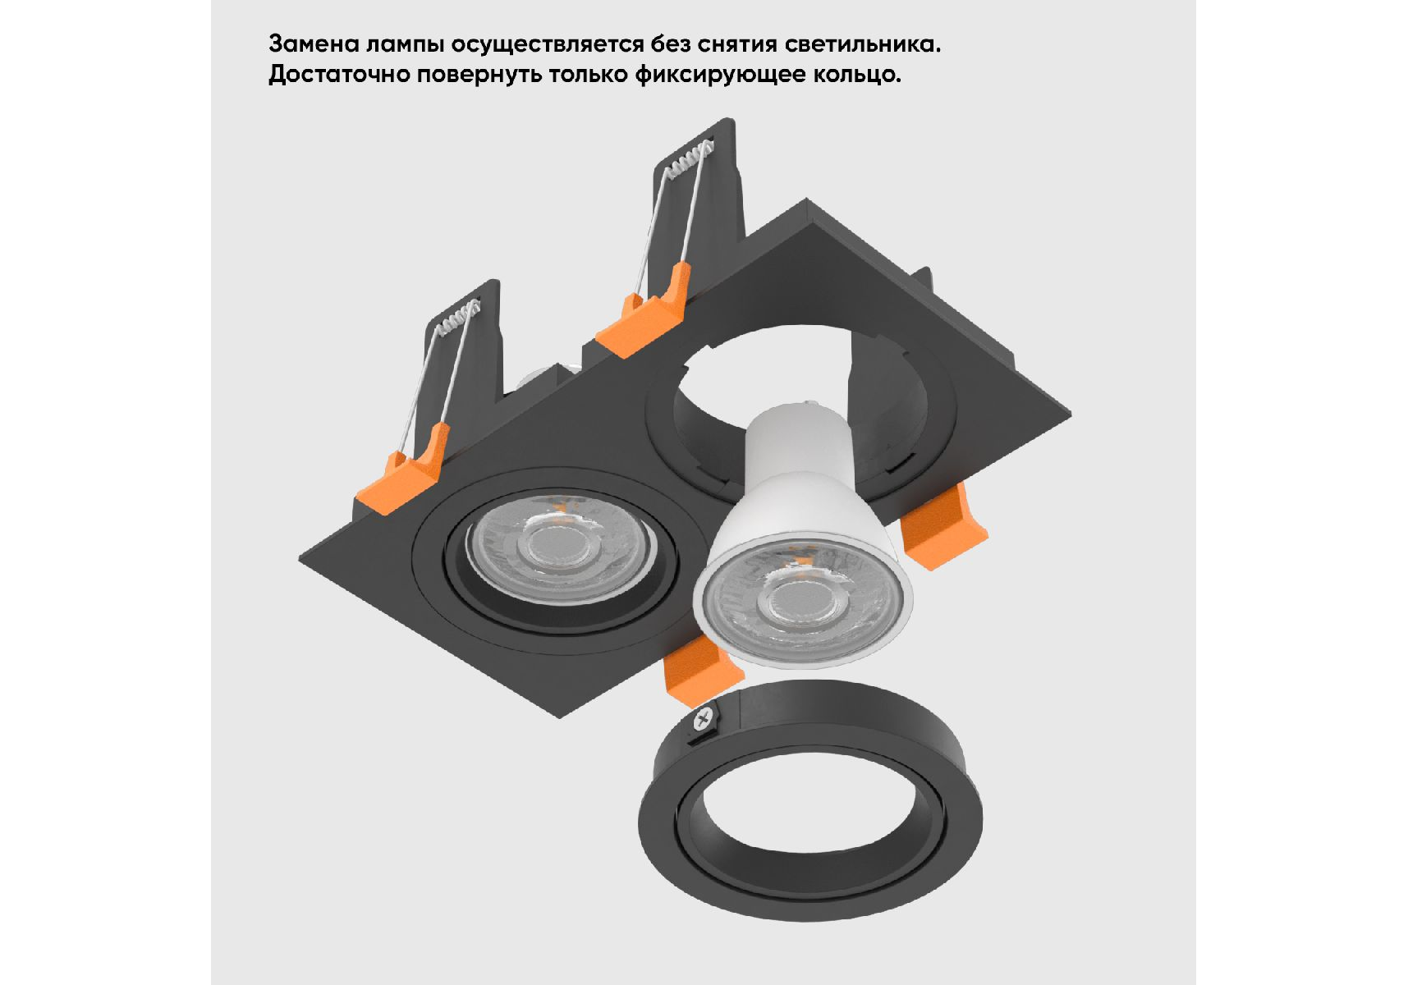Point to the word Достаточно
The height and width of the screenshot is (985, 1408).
339,76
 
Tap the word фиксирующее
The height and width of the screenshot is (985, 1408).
720,76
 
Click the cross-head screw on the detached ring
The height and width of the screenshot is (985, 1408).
703,721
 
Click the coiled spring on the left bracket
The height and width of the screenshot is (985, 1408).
457,319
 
